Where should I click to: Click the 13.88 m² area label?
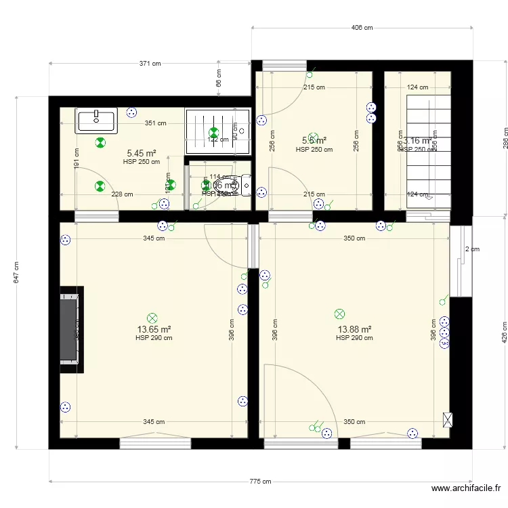point(354,330)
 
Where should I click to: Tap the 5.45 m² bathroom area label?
point(142,154)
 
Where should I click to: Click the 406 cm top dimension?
point(362,28)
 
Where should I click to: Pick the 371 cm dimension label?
point(150,64)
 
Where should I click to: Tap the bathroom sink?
point(97,121)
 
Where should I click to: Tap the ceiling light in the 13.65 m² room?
point(152,317)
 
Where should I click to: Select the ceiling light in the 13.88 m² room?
point(339,314)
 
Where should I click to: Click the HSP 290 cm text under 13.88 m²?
point(354,338)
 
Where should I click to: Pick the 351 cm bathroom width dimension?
point(156,123)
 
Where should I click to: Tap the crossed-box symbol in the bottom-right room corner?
point(446,419)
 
